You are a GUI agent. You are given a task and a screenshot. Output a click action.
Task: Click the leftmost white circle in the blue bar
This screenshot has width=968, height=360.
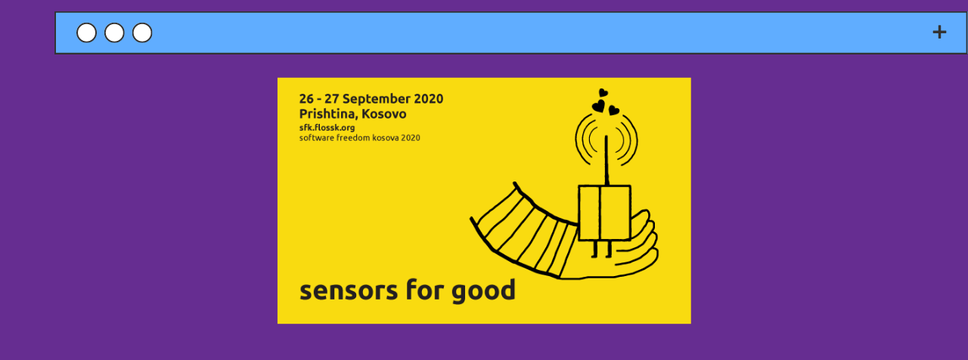pos(87,33)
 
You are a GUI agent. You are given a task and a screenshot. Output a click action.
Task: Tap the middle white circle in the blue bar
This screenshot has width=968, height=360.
pos(114,33)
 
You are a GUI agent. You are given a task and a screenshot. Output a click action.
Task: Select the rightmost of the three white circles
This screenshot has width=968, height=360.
pos(142,33)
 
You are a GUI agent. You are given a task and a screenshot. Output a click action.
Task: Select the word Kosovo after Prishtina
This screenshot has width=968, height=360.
pos(384,114)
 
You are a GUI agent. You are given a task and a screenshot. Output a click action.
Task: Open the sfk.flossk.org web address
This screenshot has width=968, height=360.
pos(327,128)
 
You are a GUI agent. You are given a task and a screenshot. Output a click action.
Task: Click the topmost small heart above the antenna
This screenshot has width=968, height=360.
pos(603,93)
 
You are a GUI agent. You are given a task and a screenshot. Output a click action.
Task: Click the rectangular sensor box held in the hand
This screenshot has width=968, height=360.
pos(604,213)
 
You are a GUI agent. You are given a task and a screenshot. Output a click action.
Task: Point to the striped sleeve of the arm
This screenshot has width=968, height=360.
pos(529,231)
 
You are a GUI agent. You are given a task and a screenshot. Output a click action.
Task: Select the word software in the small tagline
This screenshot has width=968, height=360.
pos(316,138)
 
